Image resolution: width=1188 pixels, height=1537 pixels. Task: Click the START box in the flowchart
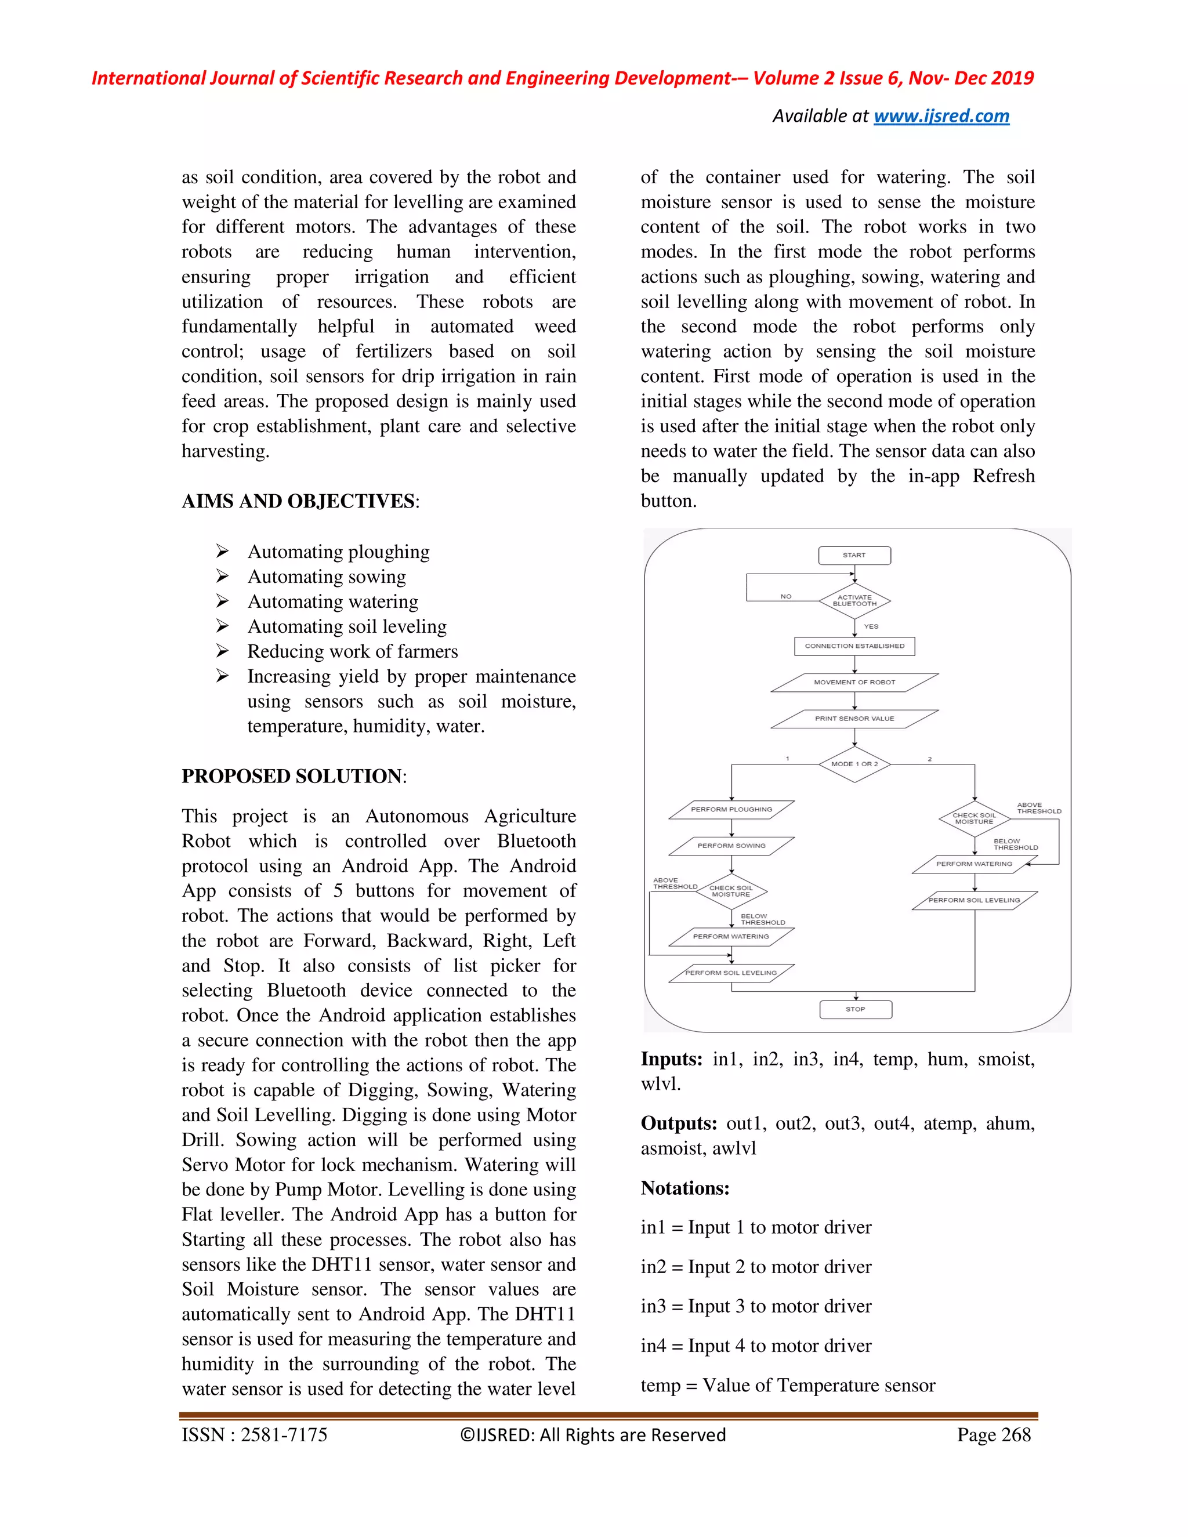(x=854, y=555)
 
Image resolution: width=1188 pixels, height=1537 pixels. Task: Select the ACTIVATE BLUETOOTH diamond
(x=854, y=600)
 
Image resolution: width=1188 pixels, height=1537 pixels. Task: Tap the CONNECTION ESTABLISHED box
(x=854, y=646)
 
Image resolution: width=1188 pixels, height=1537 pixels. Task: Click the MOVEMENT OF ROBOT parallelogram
(x=854, y=682)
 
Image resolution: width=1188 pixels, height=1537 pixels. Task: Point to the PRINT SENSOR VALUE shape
(x=854, y=719)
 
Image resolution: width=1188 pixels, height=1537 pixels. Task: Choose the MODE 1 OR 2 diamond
(x=854, y=764)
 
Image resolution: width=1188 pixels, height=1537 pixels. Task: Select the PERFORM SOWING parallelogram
(x=731, y=845)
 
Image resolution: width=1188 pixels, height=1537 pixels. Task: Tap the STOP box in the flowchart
(x=855, y=1009)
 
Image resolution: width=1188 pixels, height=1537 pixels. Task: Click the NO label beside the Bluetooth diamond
(x=786, y=596)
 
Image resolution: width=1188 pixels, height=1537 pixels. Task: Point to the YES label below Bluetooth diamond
(x=871, y=626)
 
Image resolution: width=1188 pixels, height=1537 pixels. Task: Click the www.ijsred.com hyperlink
(x=941, y=116)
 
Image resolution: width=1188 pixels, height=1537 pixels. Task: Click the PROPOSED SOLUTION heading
(x=293, y=776)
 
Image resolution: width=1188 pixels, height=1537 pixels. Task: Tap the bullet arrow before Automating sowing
(x=222, y=577)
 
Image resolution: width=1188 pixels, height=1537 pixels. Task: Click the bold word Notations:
(x=685, y=1188)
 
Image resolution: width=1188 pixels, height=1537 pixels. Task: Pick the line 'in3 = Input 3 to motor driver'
(x=756, y=1306)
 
